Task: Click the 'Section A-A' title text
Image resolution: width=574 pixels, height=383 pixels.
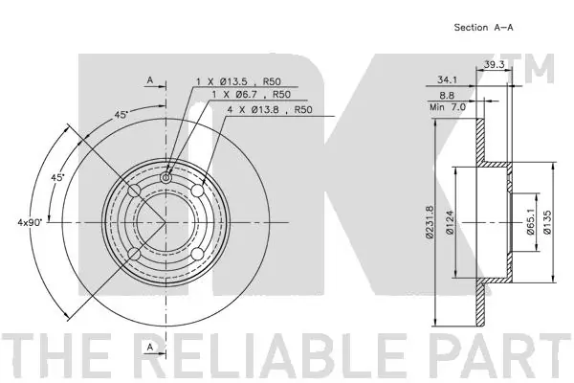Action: coord(483,28)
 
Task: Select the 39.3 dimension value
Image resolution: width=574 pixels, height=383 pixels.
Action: coord(494,64)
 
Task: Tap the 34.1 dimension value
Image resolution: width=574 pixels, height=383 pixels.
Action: coord(447,79)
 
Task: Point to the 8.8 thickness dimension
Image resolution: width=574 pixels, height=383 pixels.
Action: coord(447,96)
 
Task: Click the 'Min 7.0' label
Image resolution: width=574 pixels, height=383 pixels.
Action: coord(448,107)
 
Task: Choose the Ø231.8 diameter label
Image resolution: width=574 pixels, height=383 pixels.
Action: coord(430,222)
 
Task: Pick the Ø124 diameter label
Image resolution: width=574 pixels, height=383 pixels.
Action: coord(450,222)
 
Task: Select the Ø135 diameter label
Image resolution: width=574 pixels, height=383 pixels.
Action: coord(547,222)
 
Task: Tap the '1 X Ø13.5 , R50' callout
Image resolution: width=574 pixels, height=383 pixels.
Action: coord(238,81)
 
